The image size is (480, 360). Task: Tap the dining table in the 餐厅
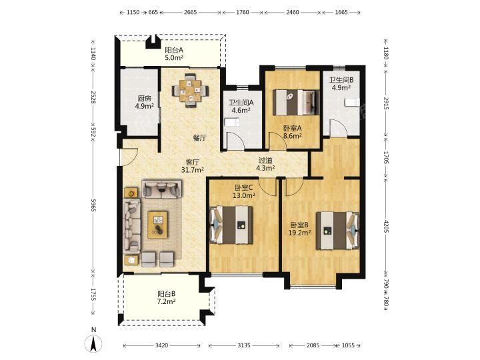191,91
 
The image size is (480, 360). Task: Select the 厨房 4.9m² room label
144,103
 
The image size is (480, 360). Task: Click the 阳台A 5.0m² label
174,53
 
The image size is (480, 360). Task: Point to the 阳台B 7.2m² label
166,297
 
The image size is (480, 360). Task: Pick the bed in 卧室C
231,225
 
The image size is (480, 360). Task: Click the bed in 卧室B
337,231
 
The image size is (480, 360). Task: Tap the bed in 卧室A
296,102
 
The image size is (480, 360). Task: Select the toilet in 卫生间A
232,123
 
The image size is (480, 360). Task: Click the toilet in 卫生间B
352,102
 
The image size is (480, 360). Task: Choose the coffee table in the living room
157,225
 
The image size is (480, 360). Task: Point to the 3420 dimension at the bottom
161,345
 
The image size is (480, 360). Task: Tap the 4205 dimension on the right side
386,227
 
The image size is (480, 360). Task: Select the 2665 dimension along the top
191,12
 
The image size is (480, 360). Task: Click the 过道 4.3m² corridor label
265,164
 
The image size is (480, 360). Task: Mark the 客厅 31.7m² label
193,165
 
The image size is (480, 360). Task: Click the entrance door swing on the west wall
129,157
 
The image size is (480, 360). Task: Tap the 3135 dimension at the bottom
244,345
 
